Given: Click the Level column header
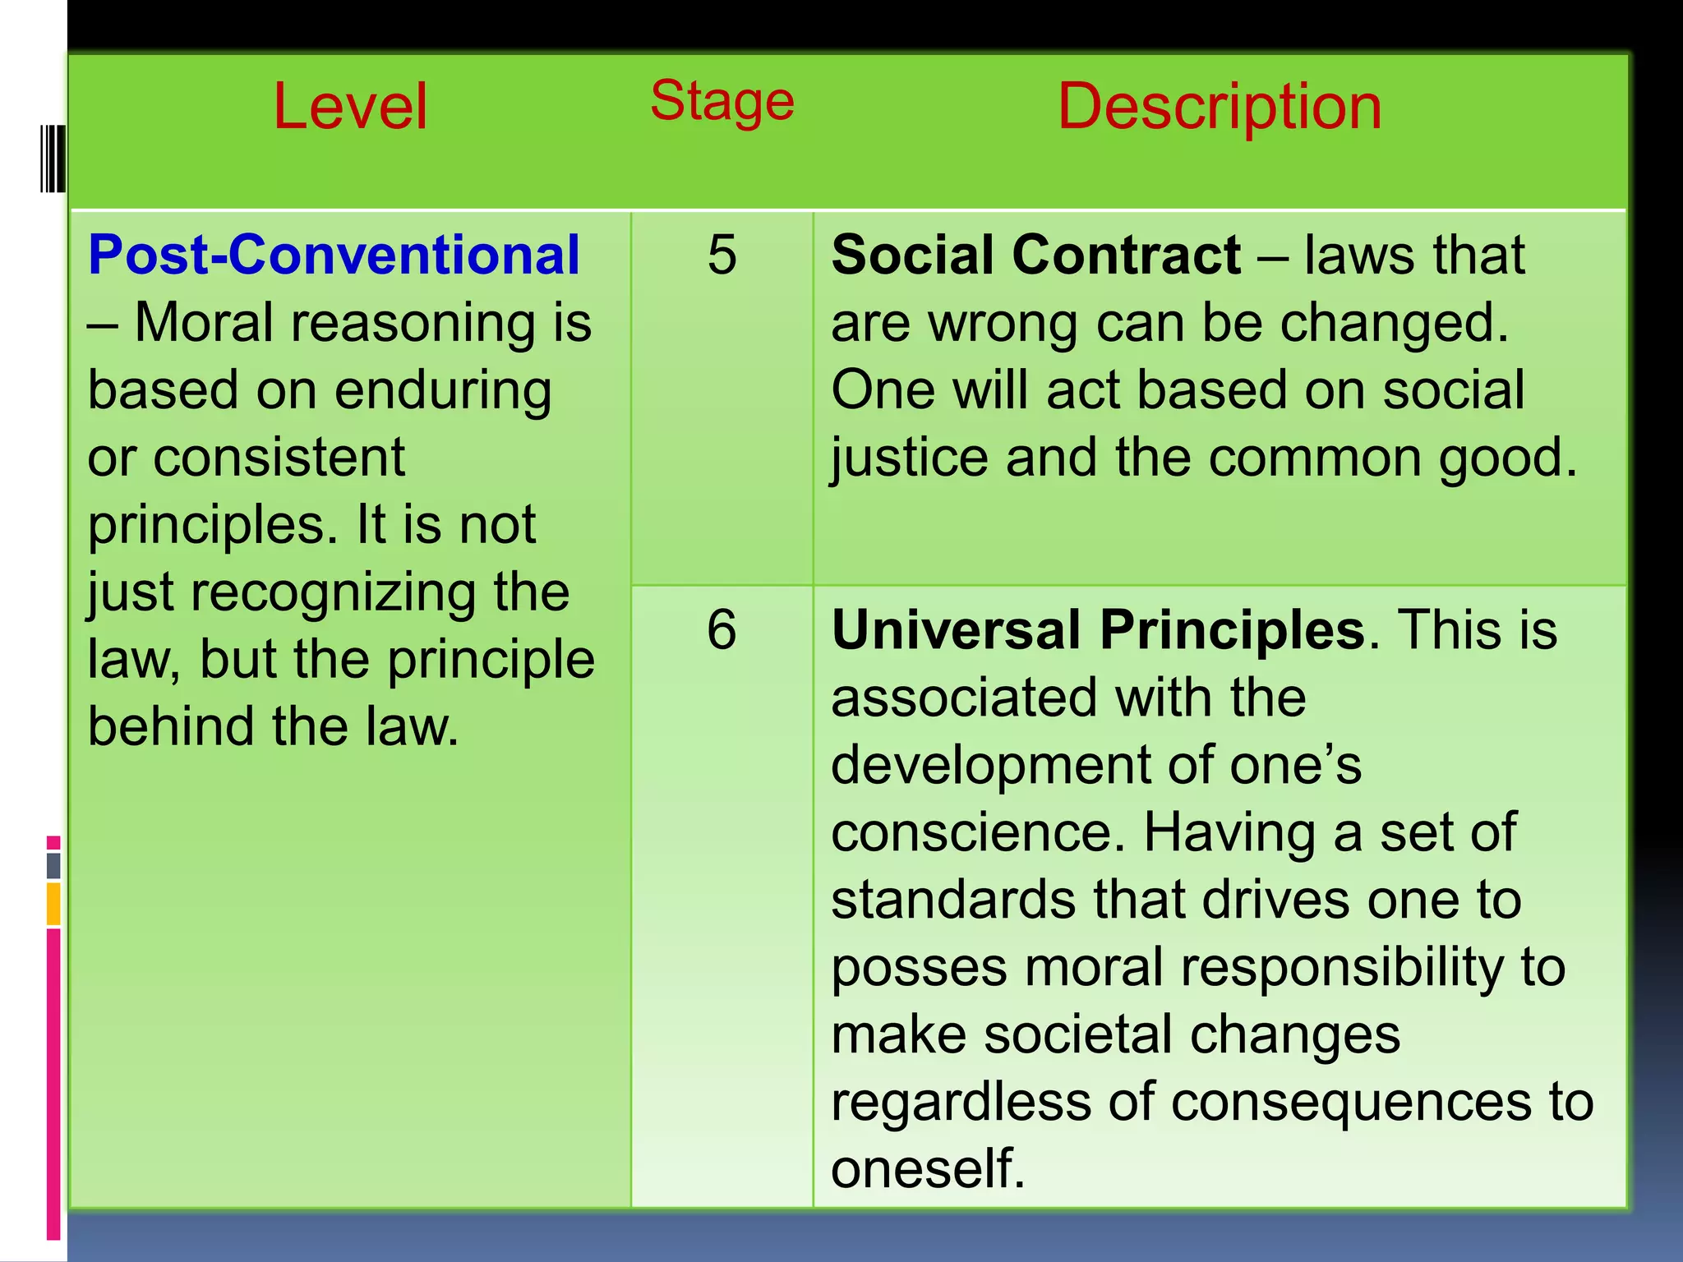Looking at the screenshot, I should [x=350, y=107].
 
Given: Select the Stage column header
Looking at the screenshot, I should [x=722, y=101].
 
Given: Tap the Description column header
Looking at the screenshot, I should [x=1220, y=107].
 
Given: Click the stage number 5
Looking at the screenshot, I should [x=722, y=255].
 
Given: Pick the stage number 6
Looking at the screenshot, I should [x=722, y=631].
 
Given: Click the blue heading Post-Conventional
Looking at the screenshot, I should [x=334, y=255].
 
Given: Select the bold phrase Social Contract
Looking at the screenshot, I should [x=1035, y=255].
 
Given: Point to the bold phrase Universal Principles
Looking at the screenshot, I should [x=1098, y=631].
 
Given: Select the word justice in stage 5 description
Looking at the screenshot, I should [x=909, y=458].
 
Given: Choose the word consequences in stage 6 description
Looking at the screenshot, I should [x=1351, y=1103].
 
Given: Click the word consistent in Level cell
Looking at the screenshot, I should [x=279, y=458].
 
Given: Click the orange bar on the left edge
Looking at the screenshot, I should [x=53, y=903].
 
